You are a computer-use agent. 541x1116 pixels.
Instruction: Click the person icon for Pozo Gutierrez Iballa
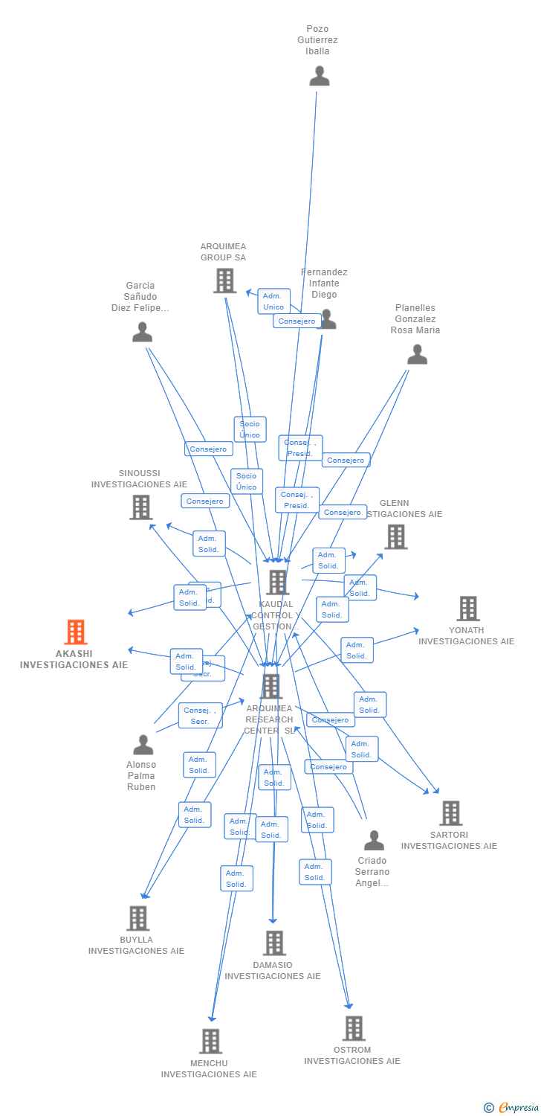[x=320, y=76]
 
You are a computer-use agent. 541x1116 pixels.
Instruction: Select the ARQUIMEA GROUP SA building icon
[x=224, y=281]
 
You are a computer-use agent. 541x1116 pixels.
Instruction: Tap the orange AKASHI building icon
[x=75, y=632]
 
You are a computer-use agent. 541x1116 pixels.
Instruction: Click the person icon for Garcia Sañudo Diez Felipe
[x=142, y=333]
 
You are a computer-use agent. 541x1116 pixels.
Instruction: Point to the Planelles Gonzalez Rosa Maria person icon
[x=417, y=355]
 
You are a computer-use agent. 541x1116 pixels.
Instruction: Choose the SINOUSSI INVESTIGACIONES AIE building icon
[x=140, y=507]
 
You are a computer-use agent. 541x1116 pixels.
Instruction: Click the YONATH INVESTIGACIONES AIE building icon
[x=467, y=609]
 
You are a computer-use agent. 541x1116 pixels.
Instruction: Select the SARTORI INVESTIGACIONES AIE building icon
[x=450, y=813]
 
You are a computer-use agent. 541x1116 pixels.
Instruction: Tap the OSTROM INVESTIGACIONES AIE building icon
[x=354, y=1028]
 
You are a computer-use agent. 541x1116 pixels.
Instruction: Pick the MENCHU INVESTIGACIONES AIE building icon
[x=211, y=1041]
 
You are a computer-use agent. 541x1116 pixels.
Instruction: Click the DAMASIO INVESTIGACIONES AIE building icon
[x=274, y=943]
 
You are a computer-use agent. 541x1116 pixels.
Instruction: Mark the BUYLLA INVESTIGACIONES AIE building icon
[x=137, y=918]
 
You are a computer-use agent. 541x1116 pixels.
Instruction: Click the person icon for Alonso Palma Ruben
[x=143, y=745]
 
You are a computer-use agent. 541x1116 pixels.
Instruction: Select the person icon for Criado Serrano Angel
[x=374, y=841]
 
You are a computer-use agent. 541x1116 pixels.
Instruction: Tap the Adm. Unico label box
[x=273, y=301]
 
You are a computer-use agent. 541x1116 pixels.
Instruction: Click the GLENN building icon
[x=395, y=536]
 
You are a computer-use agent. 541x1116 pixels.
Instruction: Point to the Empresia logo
[x=512, y=1107]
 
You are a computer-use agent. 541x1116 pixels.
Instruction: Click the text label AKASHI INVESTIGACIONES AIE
[x=74, y=659]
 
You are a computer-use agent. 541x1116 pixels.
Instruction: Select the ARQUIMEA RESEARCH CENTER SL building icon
[x=271, y=686]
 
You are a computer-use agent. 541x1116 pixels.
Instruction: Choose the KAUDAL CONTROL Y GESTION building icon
[x=277, y=582]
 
